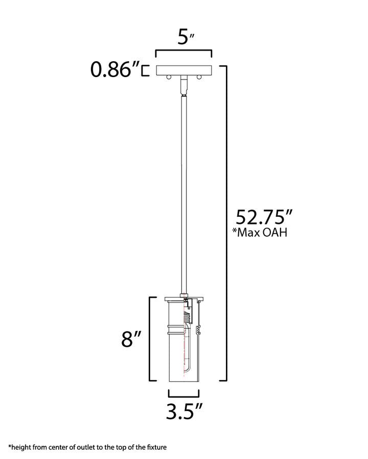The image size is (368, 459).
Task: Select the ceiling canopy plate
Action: [184, 70]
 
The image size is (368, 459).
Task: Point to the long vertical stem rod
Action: [183, 194]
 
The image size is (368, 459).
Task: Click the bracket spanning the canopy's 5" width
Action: [184, 52]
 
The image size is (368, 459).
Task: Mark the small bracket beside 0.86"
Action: [146, 70]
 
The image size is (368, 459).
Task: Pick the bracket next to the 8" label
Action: [150, 338]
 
